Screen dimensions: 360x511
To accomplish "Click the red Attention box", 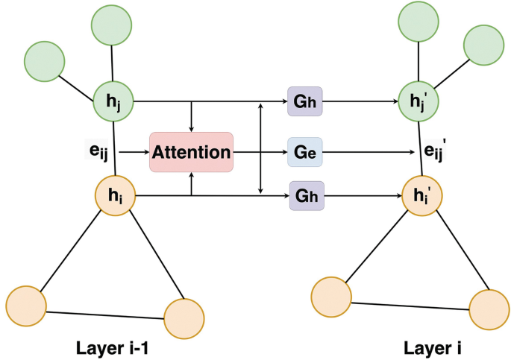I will [191, 152].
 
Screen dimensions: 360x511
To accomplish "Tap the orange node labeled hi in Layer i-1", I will [114, 197].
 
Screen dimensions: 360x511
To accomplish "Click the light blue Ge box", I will [304, 152].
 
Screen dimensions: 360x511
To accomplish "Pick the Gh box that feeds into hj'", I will [304, 101].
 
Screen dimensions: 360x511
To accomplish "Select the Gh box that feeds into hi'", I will [304, 197].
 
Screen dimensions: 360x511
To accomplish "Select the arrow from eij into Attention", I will [134, 152].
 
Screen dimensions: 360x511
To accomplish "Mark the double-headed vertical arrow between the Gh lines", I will [260, 148].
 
